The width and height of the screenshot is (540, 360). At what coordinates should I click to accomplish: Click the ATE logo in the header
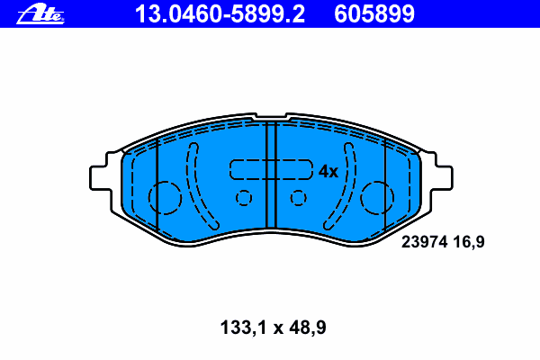point(40,13)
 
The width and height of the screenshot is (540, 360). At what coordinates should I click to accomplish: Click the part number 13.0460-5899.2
point(220,14)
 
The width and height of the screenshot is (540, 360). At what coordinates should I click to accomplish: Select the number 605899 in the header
point(374,14)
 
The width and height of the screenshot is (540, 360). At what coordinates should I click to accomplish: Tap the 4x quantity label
point(328,171)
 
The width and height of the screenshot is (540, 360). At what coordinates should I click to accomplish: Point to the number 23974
point(424,242)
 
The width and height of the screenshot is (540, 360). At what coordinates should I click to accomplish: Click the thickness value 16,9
point(469,242)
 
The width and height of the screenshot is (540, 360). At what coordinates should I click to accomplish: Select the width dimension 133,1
point(243,328)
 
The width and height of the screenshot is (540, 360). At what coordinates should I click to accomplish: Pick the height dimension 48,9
point(308,328)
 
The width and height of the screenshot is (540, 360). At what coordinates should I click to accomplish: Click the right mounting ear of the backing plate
point(442,178)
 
